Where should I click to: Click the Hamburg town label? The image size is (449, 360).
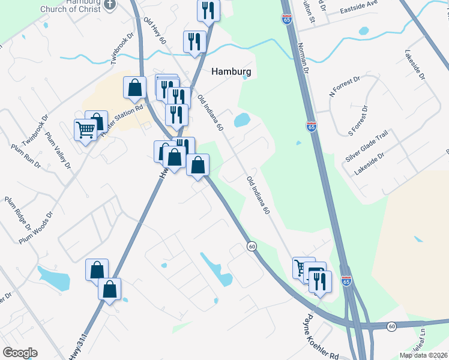point(231,71)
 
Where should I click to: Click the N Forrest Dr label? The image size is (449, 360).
point(345,87)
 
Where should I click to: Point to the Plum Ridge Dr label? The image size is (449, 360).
point(18,214)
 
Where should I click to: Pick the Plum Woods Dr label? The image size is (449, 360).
point(36,227)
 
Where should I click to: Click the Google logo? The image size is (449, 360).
point(20,353)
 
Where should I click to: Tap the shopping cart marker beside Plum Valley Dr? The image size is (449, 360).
point(85,128)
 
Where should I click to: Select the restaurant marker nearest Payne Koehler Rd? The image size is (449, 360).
point(320,280)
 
